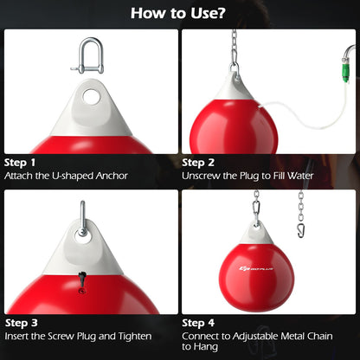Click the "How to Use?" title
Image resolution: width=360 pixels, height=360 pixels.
tap(179, 13)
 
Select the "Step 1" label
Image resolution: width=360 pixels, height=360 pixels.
tap(21, 162)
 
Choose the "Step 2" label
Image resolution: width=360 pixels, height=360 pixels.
tap(199, 162)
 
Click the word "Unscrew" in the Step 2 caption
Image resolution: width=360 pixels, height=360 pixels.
tap(202, 176)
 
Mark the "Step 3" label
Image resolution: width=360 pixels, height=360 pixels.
tap(21, 321)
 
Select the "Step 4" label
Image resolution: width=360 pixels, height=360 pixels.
tap(199, 321)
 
